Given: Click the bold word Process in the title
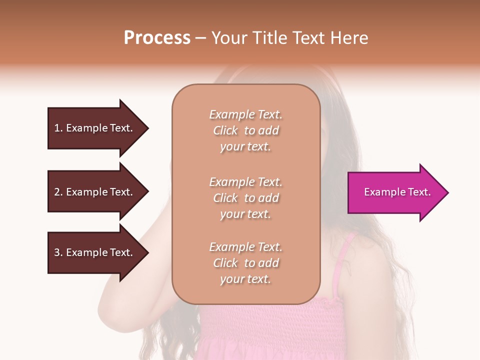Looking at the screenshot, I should [x=157, y=38].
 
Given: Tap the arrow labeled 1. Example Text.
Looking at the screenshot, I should [x=95, y=128].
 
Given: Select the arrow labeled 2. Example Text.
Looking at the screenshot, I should [x=95, y=192].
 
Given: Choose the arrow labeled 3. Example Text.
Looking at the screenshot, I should [x=95, y=252].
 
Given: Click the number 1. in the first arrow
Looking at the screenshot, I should [x=58, y=128].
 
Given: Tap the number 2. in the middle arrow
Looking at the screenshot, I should [x=58, y=192].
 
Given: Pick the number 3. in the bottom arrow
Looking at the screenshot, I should [x=58, y=252].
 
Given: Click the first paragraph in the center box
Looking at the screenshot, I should [x=245, y=130].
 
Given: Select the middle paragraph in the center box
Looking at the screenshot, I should [x=245, y=198].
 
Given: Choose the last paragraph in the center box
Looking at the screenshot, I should [x=245, y=263].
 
